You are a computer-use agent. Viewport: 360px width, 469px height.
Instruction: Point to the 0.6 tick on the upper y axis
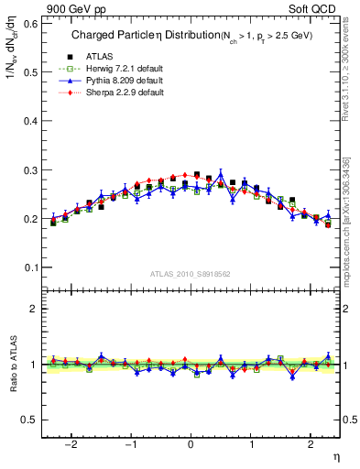(31, 23)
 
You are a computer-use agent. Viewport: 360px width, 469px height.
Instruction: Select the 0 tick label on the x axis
(191, 444)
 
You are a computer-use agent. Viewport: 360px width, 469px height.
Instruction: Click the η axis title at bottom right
(335, 455)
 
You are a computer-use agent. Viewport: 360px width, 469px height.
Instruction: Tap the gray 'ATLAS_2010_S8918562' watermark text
(191, 274)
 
